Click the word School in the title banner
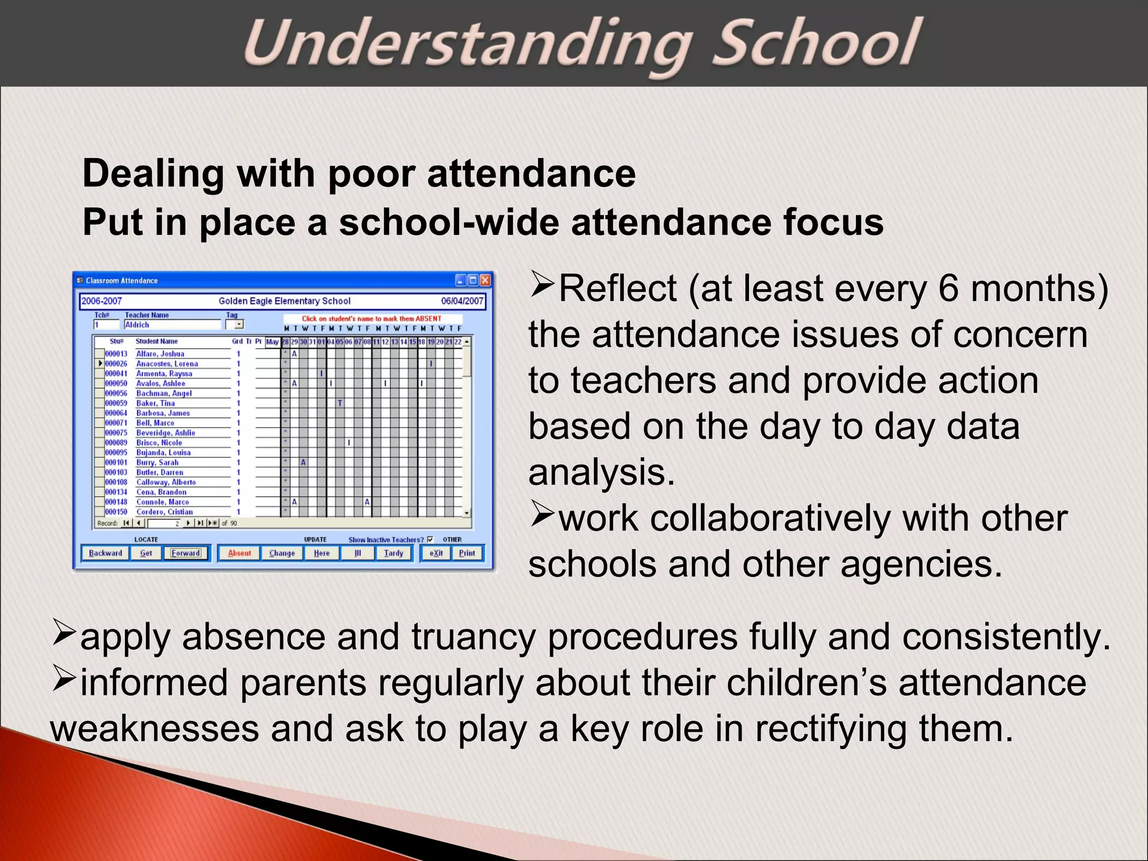pos(817,44)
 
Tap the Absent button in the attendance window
pos(239,553)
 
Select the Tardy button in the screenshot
pos(394,553)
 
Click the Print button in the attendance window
pos(467,553)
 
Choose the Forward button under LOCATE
pos(186,553)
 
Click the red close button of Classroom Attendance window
pos(485,280)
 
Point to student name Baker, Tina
pos(155,403)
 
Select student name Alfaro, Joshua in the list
pos(160,354)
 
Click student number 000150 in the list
pos(116,512)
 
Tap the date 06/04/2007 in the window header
pos(462,301)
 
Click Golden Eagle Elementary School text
pos(284,301)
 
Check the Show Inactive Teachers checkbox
pos(430,539)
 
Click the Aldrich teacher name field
pos(172,325)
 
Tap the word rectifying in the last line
pos(831,729)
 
